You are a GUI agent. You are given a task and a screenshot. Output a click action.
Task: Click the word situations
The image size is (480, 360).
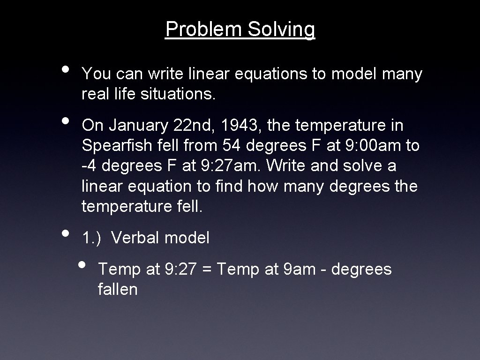coord(177,95)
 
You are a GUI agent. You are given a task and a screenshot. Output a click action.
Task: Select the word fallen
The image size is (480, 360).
coord(118,289)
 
